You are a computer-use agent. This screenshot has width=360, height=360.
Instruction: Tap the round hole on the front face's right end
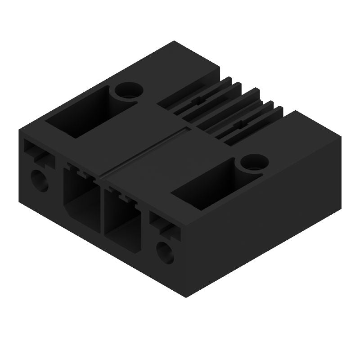[166, 252]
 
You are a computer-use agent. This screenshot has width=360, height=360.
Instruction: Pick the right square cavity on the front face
[122, 216]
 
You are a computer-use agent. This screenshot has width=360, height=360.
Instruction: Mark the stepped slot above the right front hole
[165, 225]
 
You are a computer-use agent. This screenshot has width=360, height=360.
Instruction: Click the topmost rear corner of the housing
[175, 41]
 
